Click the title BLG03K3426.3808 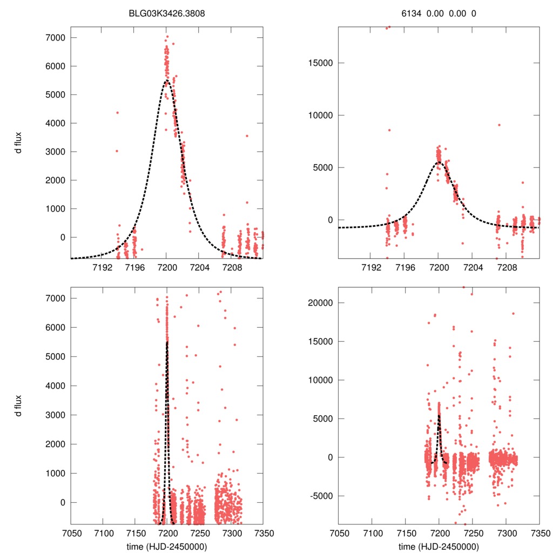click(x=166, y=14)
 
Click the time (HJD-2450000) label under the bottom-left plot click(x=166, y=547)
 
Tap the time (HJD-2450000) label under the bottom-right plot click(x=439, y=547)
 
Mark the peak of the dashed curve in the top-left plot click(x=166, y=81)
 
